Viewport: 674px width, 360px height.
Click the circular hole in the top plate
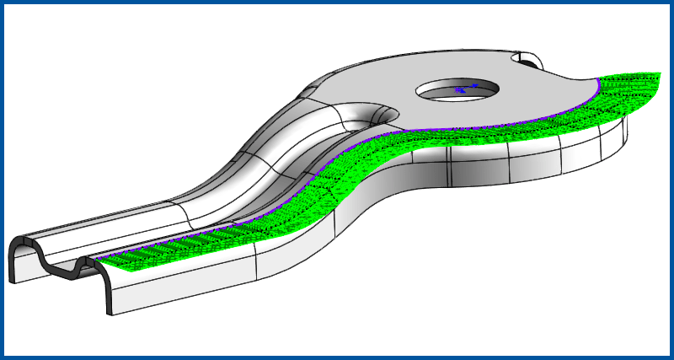click(x=456, y=94)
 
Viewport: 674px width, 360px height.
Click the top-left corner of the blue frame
click(x=3, y=3)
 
